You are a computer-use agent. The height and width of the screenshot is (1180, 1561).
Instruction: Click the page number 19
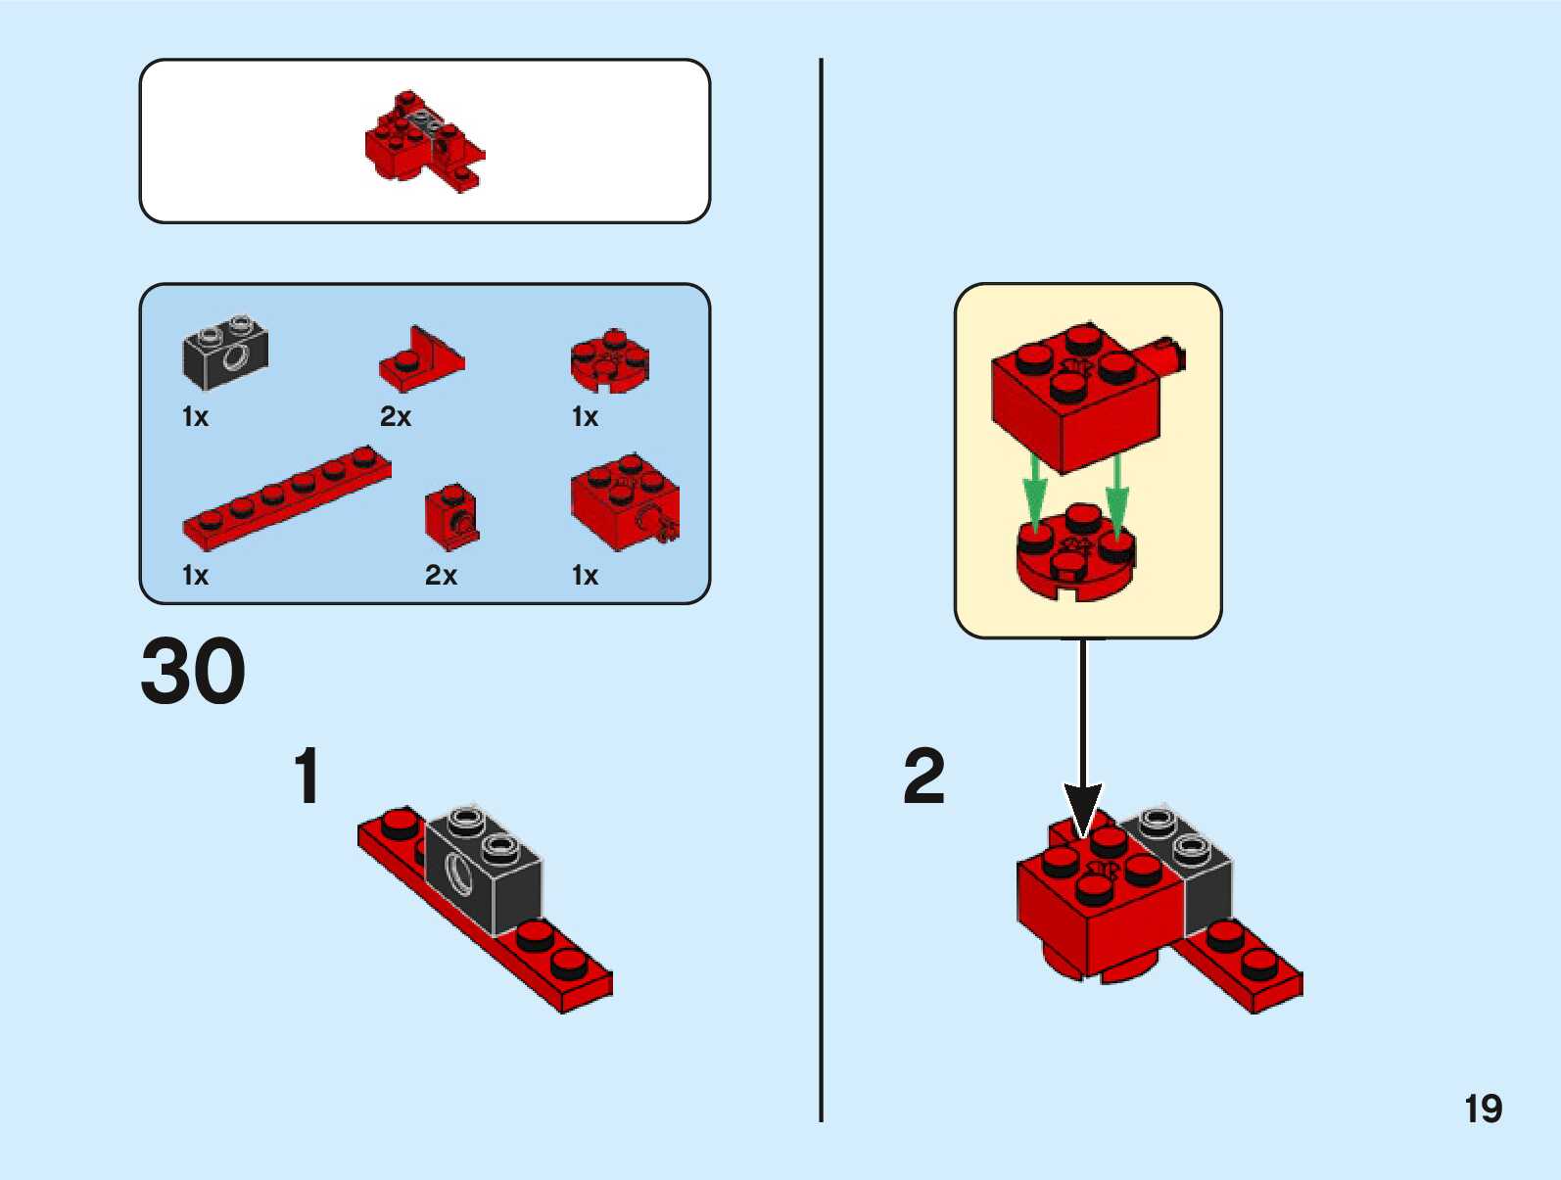[1484, 1109]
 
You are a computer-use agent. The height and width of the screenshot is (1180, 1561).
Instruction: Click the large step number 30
[193, 671]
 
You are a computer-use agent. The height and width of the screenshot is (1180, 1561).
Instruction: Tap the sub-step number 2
[923, 776]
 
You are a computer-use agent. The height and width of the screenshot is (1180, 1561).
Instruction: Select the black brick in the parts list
[225, 352]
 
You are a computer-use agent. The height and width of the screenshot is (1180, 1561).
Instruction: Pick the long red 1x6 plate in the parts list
[287, 498]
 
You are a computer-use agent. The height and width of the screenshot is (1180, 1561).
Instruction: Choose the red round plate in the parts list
[609, 360]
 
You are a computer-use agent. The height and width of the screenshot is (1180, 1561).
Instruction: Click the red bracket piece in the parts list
[422, 358]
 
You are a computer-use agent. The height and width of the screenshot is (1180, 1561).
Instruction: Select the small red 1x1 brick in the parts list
[451, 517]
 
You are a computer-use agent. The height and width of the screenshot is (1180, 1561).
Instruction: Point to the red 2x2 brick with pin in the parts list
[625, 501]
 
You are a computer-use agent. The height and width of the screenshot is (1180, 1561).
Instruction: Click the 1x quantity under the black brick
[196, 416]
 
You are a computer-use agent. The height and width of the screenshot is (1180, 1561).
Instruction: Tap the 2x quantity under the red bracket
[396, 416]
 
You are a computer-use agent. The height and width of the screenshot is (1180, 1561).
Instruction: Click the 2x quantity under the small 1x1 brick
[441, 575]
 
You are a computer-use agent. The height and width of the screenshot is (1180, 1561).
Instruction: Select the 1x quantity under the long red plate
[196, 575]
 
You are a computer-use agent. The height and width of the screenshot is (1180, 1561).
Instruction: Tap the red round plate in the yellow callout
[1076, 552]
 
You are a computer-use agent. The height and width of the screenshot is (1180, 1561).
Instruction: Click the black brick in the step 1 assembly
[483, 871]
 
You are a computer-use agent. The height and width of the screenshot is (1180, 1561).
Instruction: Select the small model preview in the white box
[425, 141]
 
